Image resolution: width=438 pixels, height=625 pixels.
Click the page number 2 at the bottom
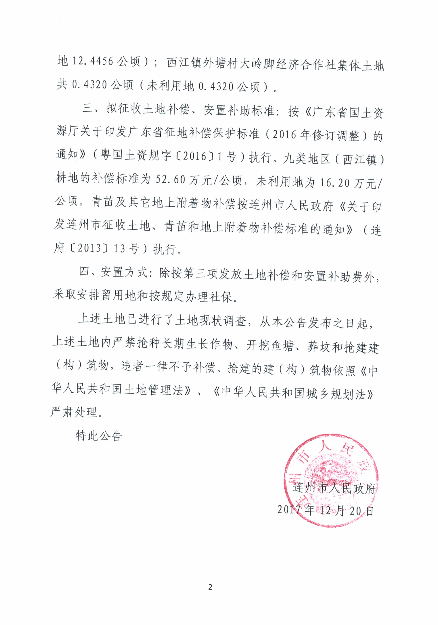(x=210, y=587)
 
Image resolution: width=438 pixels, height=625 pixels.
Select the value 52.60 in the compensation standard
(x=170, y=180)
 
